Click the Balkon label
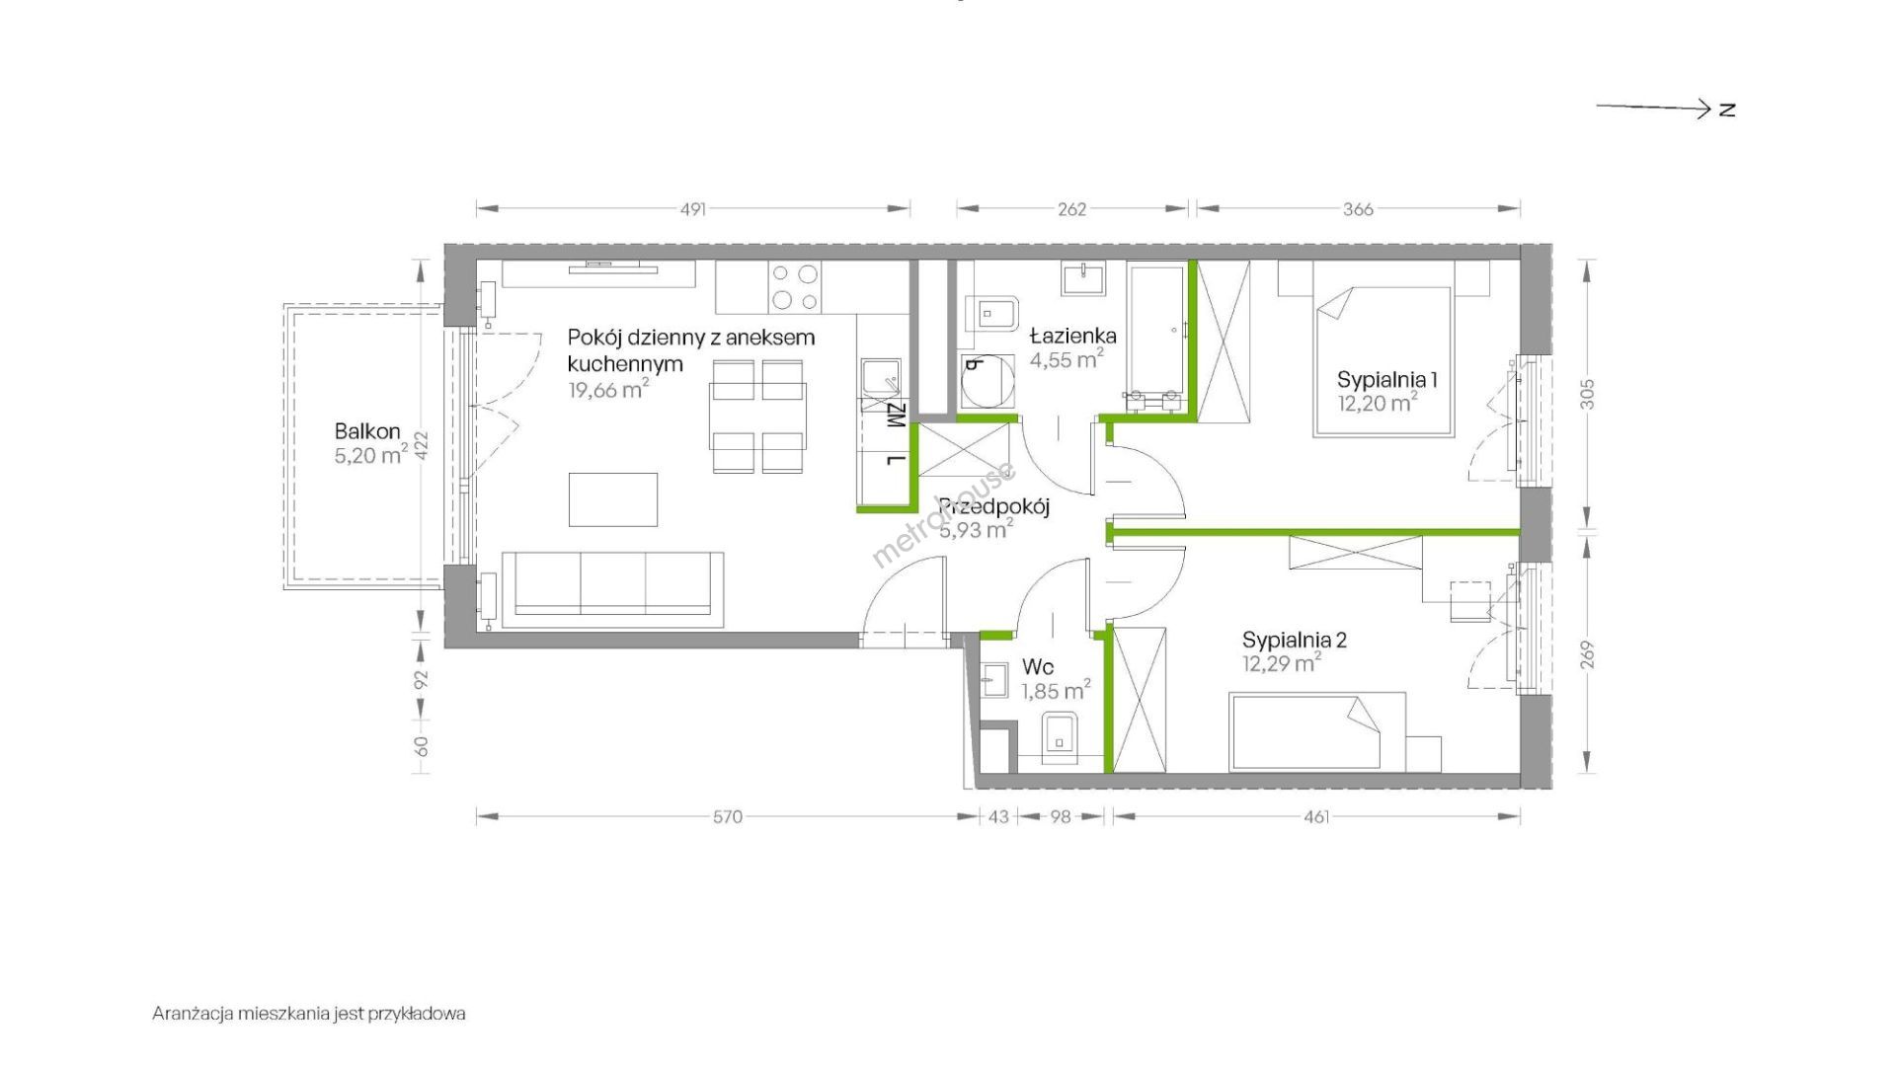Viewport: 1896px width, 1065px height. point(367,431)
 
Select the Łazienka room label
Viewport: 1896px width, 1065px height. point(1072,335)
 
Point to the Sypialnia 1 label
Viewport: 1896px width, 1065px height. point(1386,379)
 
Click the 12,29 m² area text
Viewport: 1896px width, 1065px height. point(1282,664)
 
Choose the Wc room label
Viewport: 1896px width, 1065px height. point(1038,667)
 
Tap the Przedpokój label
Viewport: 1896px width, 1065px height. point(993,507)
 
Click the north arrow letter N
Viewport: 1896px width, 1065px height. point(1727,110)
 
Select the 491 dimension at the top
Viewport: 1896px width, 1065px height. point(693,209)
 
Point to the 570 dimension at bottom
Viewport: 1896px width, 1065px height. point(728,816)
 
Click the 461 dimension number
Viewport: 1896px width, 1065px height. point(1316,816)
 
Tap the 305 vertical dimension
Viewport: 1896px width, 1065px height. point(1588,395)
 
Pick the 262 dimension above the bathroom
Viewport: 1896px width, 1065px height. point(1072,209)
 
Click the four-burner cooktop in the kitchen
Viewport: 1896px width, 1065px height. point(795,287)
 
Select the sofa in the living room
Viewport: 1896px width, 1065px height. point(612,589)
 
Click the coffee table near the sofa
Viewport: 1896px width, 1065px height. point(613,499)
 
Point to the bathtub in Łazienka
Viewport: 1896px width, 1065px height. point(1157,336)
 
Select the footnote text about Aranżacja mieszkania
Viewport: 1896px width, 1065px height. point(309,1014)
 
